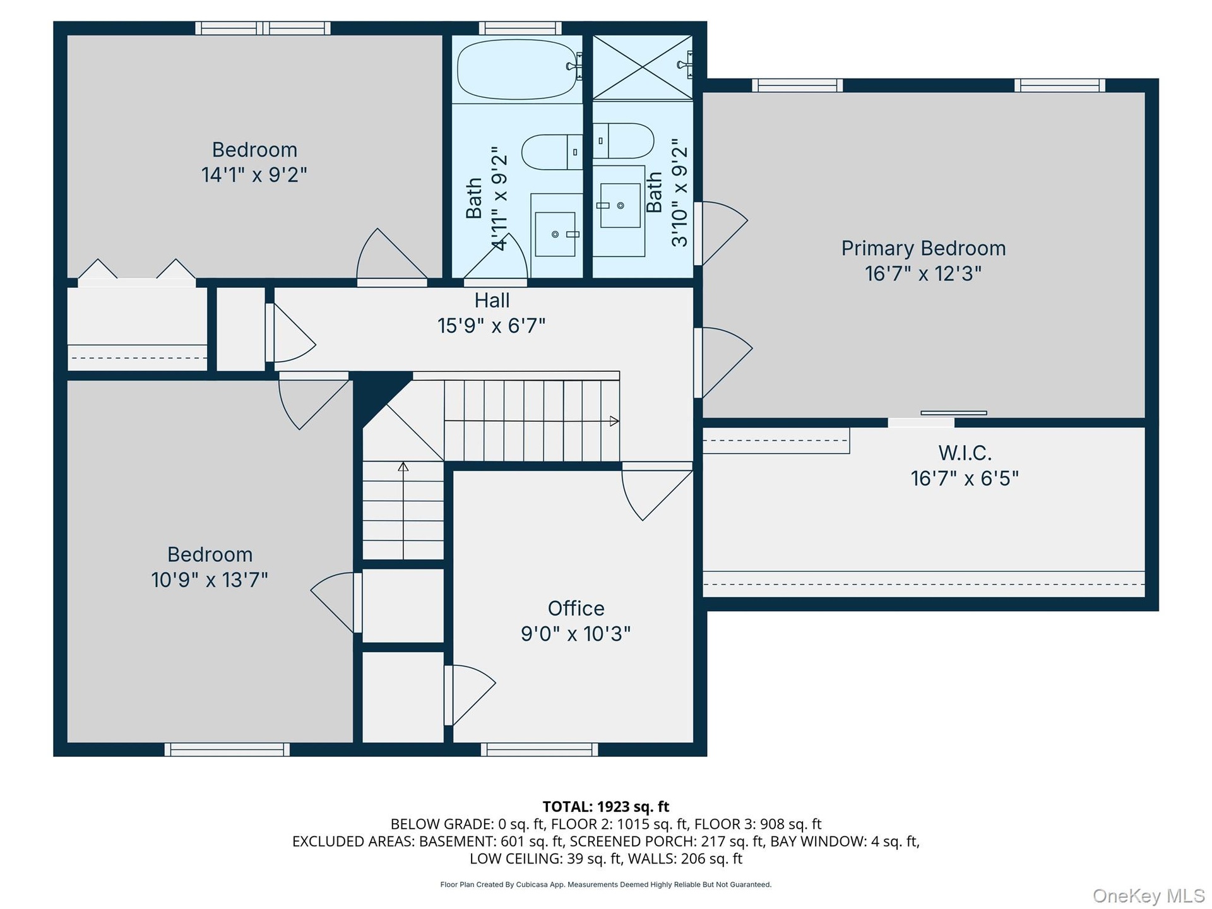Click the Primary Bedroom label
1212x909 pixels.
(x=923, y=248)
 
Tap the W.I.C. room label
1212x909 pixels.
(x=965, y=453)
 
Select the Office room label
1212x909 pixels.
(x=576, y=608)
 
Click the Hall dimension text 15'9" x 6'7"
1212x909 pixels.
(x=491, y=326)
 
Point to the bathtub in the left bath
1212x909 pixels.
(x=518, y=69)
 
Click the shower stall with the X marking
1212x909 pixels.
(x=643, y=67)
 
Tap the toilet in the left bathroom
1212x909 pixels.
(x=552, y=151)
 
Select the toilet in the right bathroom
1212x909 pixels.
(x=623, y=141)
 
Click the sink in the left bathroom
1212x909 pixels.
(x=555, y=234)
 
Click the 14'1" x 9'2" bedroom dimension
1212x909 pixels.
(x=254, y=174)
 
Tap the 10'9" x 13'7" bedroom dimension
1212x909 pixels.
(x=210, y=579)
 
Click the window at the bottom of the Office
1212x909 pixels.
(x=539, y=749)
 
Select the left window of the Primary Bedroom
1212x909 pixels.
(x=797, y=85)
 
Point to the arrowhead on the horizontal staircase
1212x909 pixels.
(x=614, y=421)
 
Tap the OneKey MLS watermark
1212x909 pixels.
(x=1149, y=896)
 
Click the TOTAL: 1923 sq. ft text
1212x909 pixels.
(x=606, y=807)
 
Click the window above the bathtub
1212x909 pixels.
(x=520, y=28)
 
